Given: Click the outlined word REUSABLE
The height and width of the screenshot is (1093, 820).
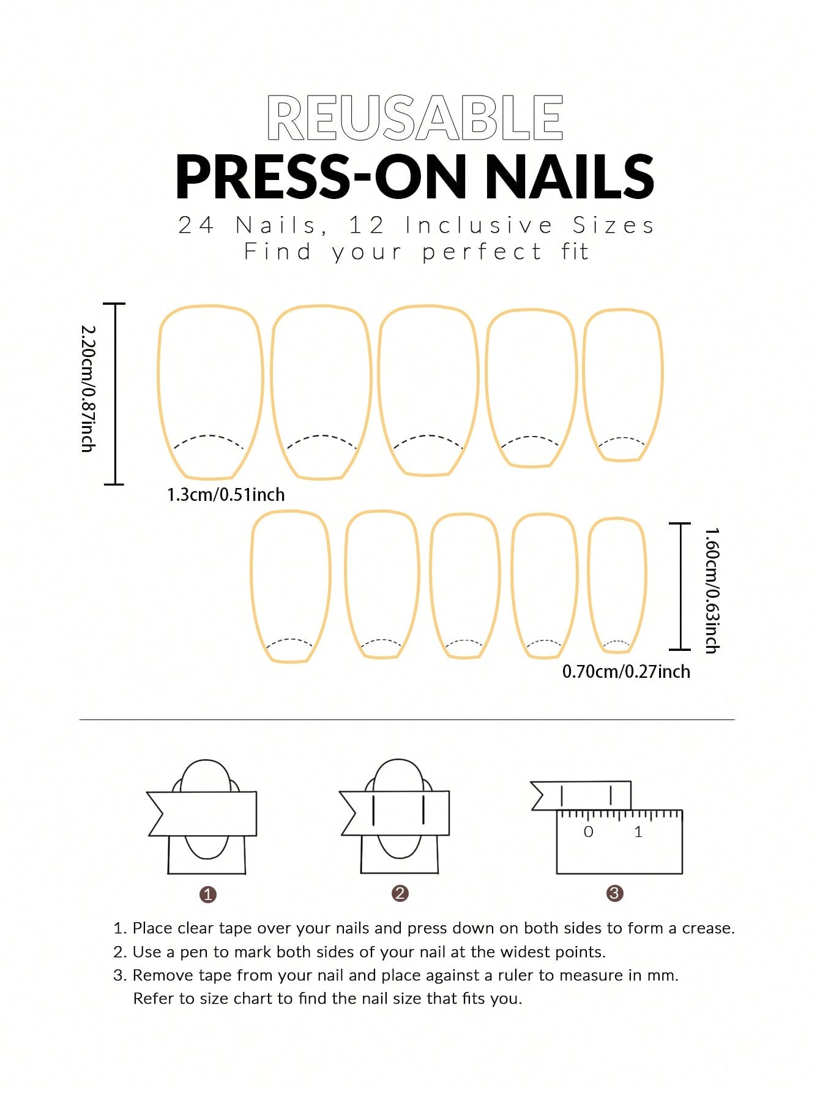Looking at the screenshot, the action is [x=415, y=118].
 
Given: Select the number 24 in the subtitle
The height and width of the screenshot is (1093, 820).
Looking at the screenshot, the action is [x=196, y=225].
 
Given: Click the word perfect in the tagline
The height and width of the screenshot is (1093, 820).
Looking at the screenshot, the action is [x=482, y=252].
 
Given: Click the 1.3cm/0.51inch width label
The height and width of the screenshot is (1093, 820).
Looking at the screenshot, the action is [x=226, y=494].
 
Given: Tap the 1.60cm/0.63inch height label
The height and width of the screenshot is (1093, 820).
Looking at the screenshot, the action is [x=711, y=590].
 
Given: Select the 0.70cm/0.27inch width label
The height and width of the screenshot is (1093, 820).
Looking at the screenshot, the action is [x=626, y=672].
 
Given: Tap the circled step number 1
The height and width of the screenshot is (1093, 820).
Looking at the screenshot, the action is [x=207, y=895].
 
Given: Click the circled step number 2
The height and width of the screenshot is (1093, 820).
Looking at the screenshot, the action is [x=400, y=893].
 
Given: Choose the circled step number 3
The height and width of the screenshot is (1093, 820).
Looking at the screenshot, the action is [x=614, y=893].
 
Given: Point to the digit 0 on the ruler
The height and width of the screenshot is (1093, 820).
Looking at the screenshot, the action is [x=588, y=832].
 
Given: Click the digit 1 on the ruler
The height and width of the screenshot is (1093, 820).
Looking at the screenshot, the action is [x=638, y=832].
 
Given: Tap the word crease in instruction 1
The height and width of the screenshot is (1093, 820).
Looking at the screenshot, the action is [x=708, y=928].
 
